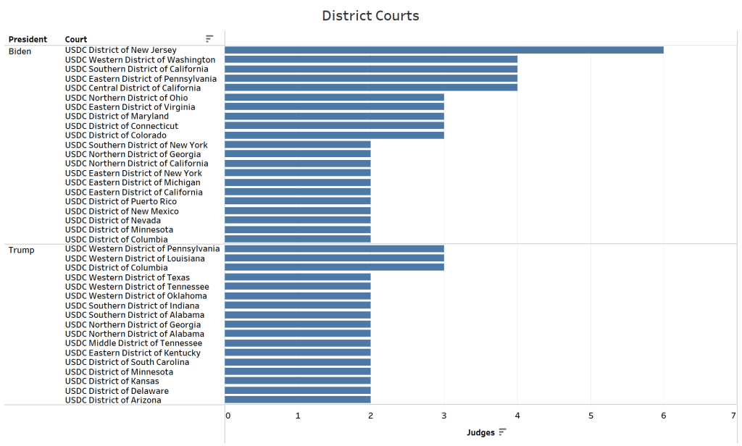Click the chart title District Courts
tap(370, 15)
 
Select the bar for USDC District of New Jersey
tap(443, 50)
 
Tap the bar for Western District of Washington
tap(370, 59)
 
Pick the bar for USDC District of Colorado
tap(334, 135)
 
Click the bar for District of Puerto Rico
tap(297, 201)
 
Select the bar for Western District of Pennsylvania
tap(334, 249)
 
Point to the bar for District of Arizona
tap(297, 400)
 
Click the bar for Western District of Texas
tap(297, 277)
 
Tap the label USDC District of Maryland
tap(117, 117)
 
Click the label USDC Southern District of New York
tap(136, 145)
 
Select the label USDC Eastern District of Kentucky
tap(133, 353)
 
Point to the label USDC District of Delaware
tap(117, 391)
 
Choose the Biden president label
tap(20, 51)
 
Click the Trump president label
tap(21, 251)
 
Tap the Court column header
tap(76, 39)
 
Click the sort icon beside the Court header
tap(209, 38)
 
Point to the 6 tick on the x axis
tap(663, 416)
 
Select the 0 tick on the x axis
tap(228, 416)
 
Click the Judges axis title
tap(480, 433)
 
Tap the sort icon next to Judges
tap(502, 432)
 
